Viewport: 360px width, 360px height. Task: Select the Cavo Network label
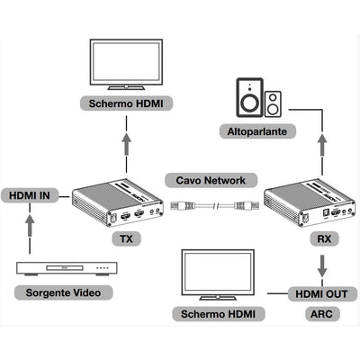[x=211, y=179]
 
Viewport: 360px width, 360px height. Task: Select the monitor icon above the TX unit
[x=126, y=64]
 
